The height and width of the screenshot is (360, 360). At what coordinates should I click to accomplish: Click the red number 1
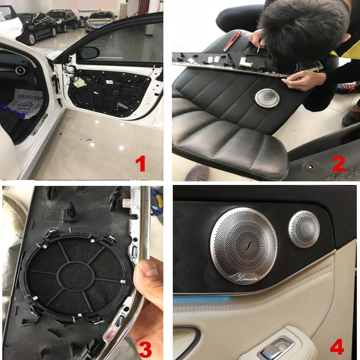(x=141, y=163)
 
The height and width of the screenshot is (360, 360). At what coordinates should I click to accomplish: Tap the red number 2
(x=338, y=163)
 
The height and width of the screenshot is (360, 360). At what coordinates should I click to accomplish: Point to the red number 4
(x=337, y=347)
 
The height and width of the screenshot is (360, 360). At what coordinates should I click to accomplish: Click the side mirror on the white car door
(x=89, y=53)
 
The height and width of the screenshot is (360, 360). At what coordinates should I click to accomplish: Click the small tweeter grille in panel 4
(x=304, y=229)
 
